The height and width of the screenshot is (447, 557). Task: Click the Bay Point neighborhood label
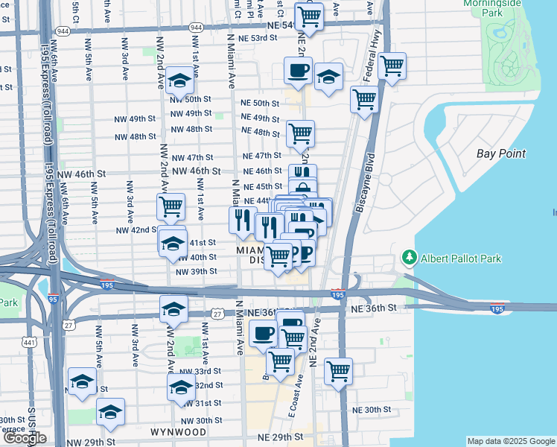[x=501, y=153]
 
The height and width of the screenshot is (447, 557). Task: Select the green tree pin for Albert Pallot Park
[x=409, y=258]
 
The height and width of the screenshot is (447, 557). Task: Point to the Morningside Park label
[x=512, y=9]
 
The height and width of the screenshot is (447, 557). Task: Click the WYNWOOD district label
[x=178, y=432]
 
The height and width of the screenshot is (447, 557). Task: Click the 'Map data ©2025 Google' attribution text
[x=510, y=441]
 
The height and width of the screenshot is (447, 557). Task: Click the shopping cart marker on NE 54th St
[x=309, y=15]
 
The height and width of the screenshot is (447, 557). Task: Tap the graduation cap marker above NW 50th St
[x=179, y=80]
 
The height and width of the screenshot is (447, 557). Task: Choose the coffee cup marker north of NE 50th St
[x=299, y=72]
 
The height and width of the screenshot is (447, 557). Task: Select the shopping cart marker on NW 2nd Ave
[x=171, y=206]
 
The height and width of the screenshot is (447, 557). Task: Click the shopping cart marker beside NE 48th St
[x=300, y=134]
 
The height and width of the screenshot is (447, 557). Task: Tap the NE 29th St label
[x=280, y=437]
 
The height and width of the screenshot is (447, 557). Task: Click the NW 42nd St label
[x=134, y=230]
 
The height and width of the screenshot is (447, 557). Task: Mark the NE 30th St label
[x=372, y=410]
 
